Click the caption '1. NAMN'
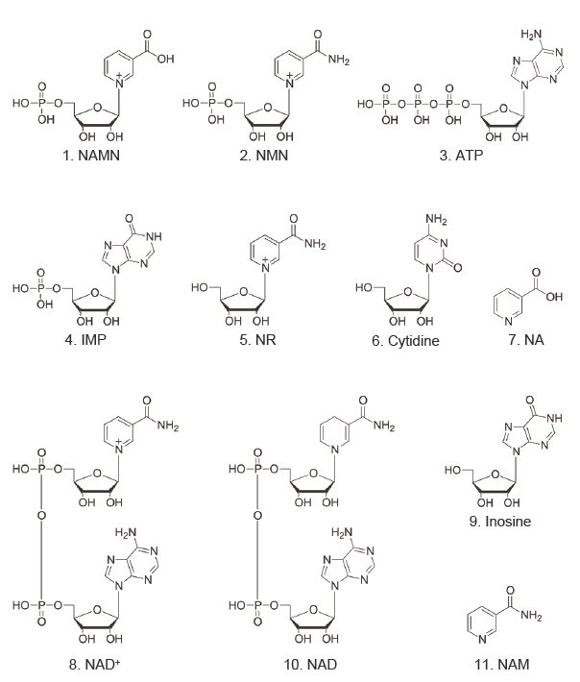[90, 156]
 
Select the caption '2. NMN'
[263, 156]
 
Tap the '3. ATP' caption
[461, 156]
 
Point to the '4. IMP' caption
[85, 340]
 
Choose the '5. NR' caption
[257, 340]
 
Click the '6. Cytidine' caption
[405, 341]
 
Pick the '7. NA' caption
[526, 340]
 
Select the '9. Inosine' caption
[500, 521]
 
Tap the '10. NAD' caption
[310, 664]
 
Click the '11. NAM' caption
[502, 664]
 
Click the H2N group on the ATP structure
[531, 35]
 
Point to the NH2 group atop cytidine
[437, 219]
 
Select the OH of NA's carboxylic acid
[555, 297]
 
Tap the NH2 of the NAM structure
[531, 616]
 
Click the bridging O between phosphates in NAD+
[41, 516]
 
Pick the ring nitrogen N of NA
[509, 322]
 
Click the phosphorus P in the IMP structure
[40, 288]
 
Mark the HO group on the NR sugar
[200, 287]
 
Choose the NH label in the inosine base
[554, 418]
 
